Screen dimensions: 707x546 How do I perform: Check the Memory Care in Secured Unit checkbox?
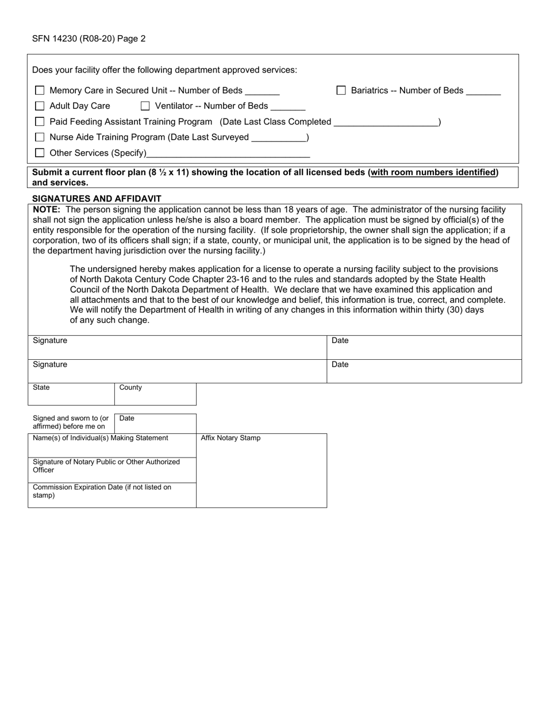[x=40, y=90]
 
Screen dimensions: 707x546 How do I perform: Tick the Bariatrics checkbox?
[x=341, y=90]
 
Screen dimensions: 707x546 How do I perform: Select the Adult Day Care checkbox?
[x=40, y=106]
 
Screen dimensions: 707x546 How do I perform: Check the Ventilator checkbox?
[x=145, y=106]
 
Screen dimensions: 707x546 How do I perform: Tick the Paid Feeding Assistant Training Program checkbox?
[x=40, y=121]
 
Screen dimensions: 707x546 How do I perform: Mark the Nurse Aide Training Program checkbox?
[x=40, y=137]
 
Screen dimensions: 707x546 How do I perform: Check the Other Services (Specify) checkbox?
[x=40, y=153]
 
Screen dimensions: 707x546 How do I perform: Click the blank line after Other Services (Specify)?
[x=228, y=153]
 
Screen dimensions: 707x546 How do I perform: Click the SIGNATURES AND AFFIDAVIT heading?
[x=97, y=198]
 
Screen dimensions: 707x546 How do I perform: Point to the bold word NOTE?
[x=47, y=209]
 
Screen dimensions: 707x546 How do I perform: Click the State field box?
[x=71, y=395]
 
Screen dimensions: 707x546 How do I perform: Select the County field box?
[x=155, y=395]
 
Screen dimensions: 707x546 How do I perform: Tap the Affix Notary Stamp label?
[x=230, y=438]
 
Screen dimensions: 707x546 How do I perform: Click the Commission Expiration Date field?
[x=112, y=495]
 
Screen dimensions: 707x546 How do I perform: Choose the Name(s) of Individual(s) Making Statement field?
[x=112, y=446]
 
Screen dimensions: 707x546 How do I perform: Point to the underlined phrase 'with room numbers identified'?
[x=434, y=172]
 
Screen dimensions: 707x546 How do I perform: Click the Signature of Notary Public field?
[x=112, y=470]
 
